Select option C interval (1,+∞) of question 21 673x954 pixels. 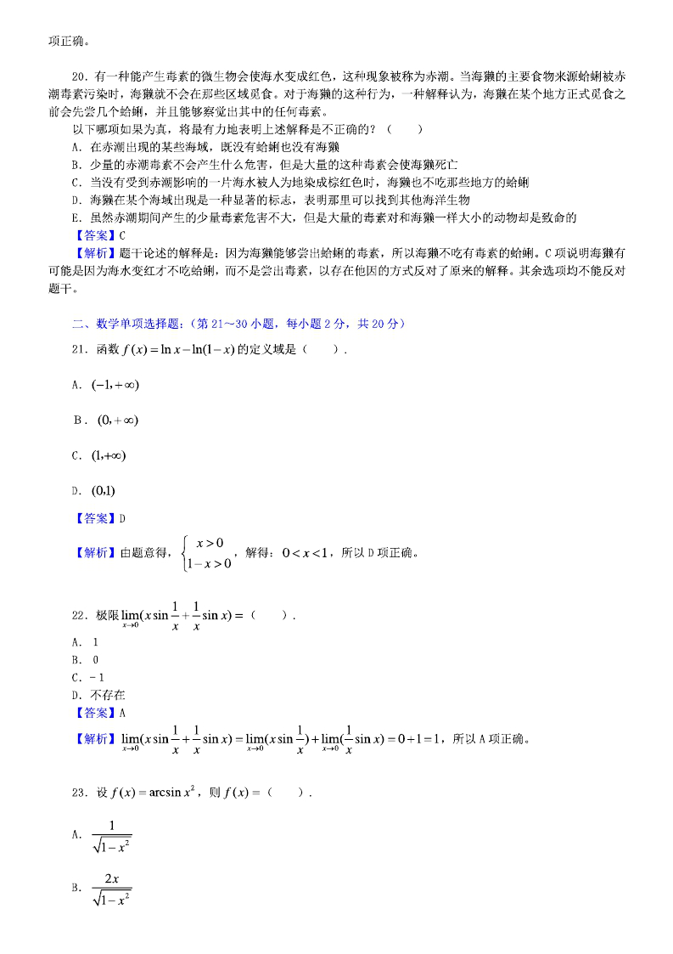point(109,455)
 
